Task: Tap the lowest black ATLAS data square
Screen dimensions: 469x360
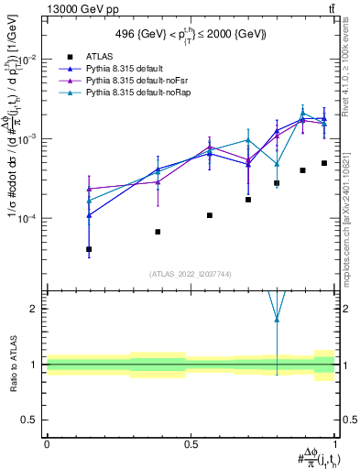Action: point(89,249)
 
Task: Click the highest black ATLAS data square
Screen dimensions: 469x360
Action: point(324,163)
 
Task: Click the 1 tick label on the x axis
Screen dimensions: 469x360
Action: point(336,444)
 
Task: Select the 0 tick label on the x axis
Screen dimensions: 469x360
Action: point(47,444)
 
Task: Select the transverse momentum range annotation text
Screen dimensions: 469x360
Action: point(191,34)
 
